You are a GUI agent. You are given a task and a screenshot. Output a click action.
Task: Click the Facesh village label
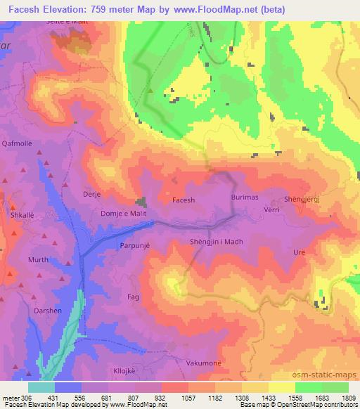click(183, 200)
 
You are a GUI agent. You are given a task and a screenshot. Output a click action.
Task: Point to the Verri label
click(272, 209)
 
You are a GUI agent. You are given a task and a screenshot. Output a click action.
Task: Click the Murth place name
click(38, 259)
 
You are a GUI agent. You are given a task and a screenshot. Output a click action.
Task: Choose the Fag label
click(132, 297)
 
